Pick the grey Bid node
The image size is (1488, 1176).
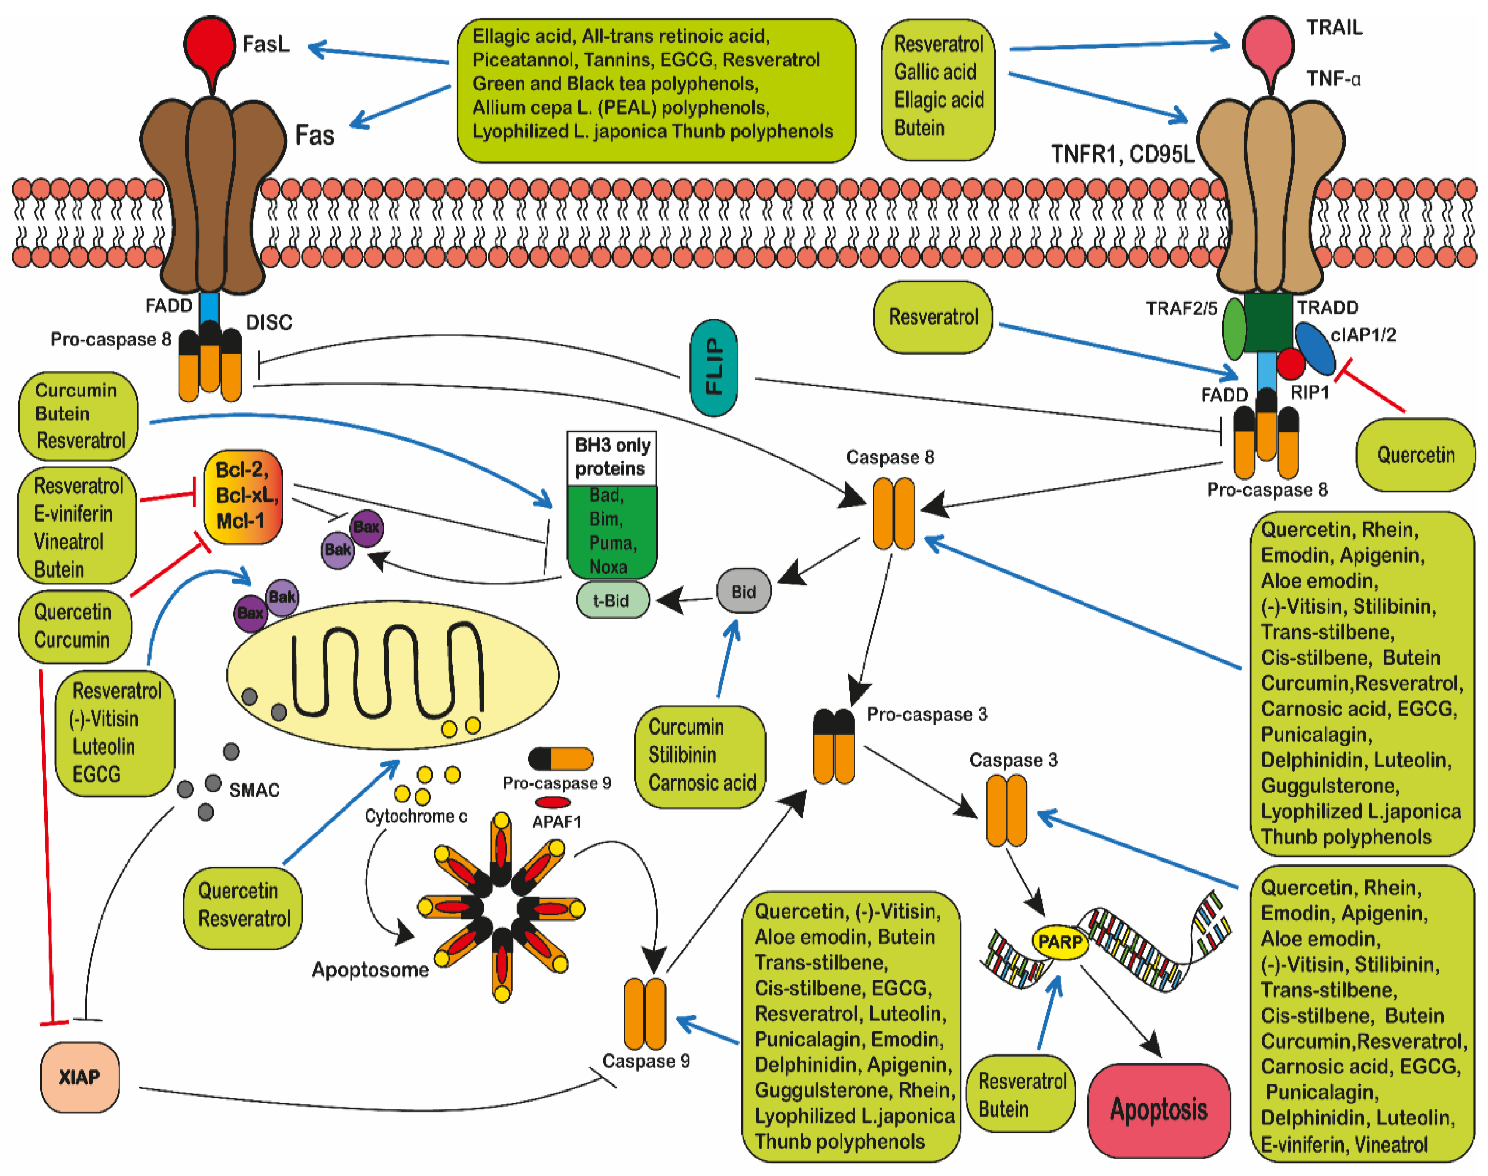click(743, 592)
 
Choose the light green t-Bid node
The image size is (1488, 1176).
click(612, 600)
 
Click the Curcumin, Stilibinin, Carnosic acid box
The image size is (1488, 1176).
click(700, 755)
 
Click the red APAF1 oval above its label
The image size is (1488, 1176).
click(553, 802)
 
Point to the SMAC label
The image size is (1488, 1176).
click(254, 790)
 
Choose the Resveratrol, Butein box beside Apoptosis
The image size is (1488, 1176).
click(1022, 1095)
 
